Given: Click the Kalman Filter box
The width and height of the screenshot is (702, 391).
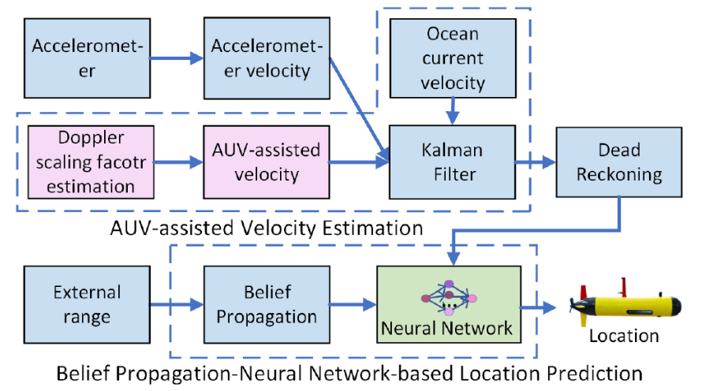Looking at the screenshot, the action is tap(452, 162).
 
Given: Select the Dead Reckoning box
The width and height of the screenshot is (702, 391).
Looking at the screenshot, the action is tap(619, 162).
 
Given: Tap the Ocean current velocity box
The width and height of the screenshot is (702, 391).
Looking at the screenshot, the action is tap(453, 58).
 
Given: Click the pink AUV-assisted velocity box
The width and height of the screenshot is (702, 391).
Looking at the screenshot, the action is tap(267, 162).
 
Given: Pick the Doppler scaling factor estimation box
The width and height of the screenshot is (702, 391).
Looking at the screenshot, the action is tap(91, 162).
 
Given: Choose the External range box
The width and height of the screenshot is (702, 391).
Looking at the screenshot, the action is tap(87, 304).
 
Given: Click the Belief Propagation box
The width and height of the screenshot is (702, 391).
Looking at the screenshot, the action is tap(267, 304).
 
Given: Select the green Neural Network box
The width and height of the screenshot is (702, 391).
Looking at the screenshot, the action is tap(449, 304).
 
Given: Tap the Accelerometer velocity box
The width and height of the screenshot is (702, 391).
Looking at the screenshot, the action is tap(267, 58).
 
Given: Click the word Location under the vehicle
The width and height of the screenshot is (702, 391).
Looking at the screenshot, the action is tap(624, 336).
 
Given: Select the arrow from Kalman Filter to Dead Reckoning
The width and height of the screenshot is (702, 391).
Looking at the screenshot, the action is tap(536, 162).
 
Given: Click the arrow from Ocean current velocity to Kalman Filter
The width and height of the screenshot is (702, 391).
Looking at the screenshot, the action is tap(453, 111).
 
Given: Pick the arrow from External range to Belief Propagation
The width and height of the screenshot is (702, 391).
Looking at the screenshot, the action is tap(177, 304).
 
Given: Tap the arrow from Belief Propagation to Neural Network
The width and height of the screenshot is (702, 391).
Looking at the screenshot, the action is tap(353, 304).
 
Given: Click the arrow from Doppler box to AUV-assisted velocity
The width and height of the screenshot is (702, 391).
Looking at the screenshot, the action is tap(178, 162).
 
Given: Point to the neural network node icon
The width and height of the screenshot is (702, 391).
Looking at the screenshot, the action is tap(449, 297).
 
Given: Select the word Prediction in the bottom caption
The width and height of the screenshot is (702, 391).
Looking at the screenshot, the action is tap(595, 373).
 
